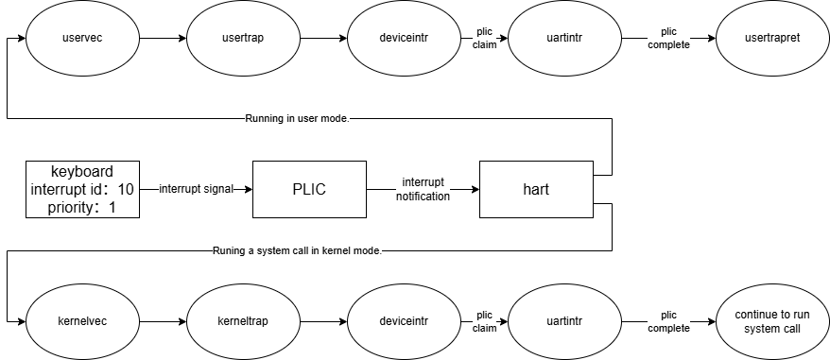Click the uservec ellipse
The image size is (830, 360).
[82, 38]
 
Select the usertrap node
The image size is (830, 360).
[244, 38]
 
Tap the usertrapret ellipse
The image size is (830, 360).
[773, 38]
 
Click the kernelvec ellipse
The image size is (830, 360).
[82, 321]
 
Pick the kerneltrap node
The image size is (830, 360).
[244, 321]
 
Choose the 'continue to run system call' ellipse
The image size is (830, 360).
[773, 321]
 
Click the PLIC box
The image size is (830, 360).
[310, 189]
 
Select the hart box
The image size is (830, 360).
[536, 189]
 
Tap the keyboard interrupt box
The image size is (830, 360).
[82, 189]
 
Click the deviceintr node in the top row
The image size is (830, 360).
[405, 38]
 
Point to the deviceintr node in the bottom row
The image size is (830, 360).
[405, 321]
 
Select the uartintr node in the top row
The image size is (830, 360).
[564, 38]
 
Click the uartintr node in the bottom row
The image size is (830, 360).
[564, 321]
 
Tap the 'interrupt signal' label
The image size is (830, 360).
[197, 189]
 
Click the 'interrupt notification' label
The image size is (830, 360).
[423, 190]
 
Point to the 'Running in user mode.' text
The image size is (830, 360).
[298, 119]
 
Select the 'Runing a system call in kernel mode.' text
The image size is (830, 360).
[297, 251]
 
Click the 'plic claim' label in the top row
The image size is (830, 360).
[484, 39]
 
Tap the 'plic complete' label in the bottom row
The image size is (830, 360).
[669, 322]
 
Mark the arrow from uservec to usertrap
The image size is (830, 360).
[163, 38]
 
